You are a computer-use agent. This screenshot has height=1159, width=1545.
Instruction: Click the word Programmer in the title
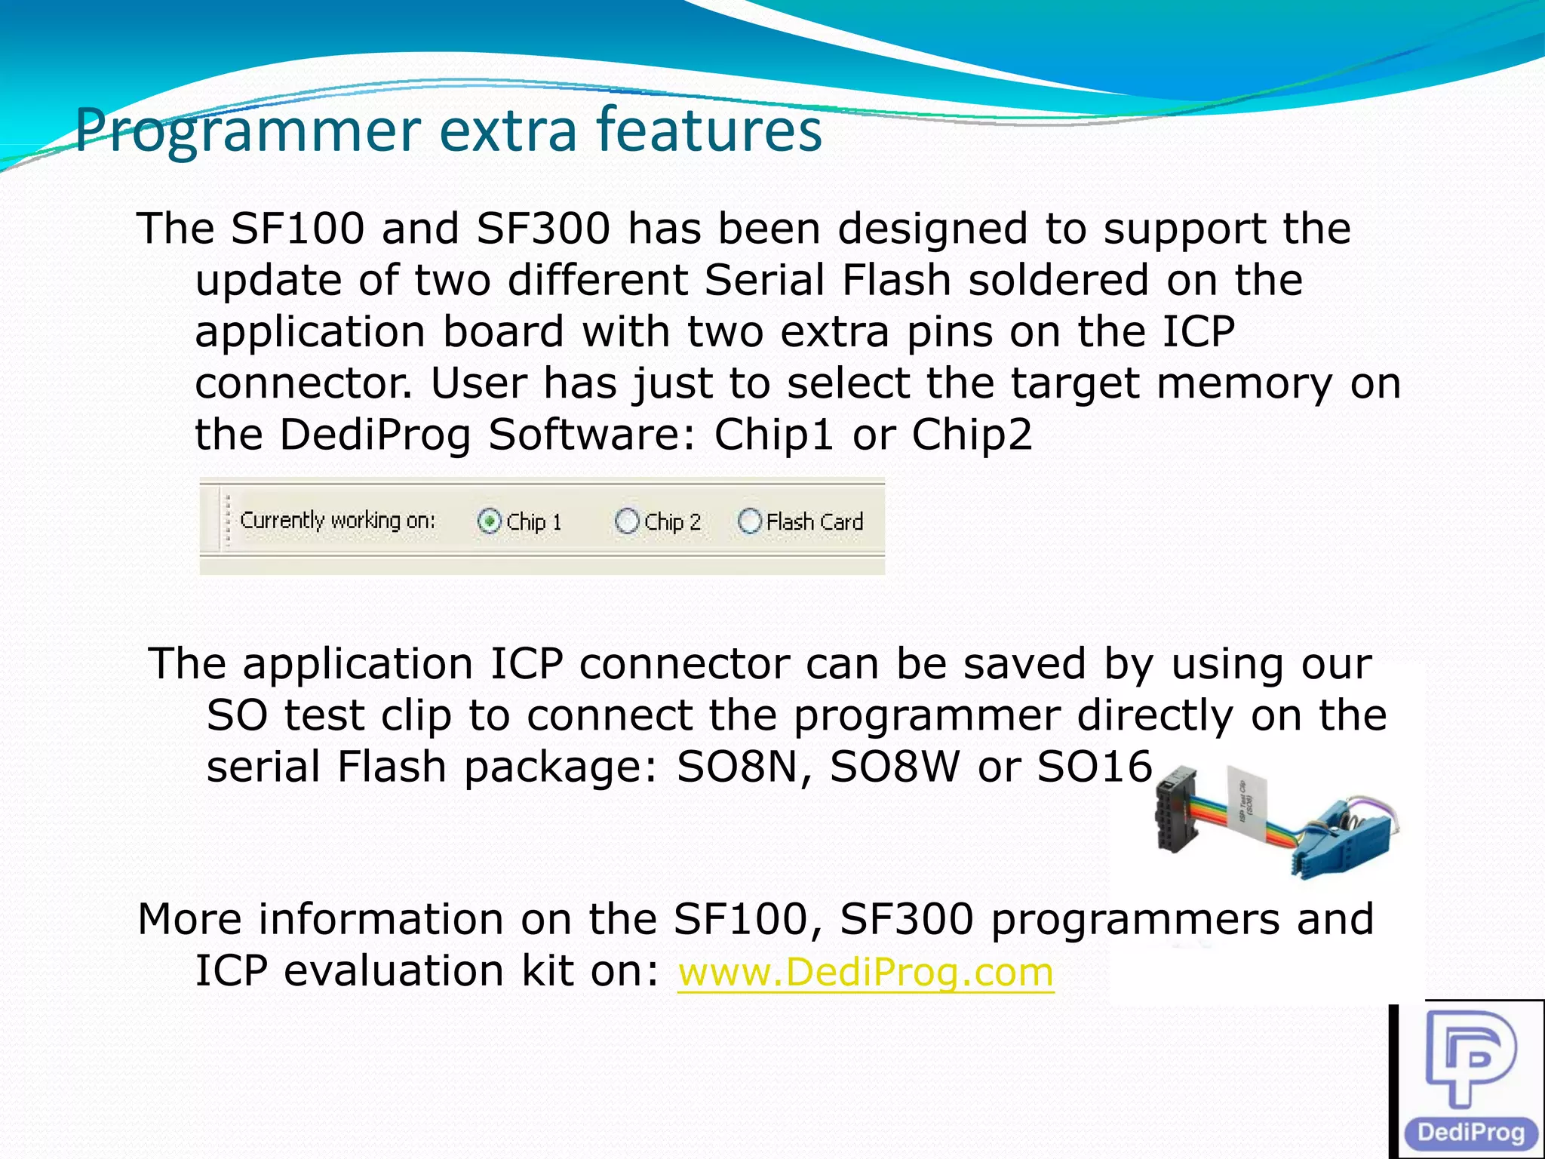(247, 131)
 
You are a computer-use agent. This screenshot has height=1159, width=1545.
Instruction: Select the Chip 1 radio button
(490, 521)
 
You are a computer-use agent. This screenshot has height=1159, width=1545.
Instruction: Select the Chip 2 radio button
(627, 521)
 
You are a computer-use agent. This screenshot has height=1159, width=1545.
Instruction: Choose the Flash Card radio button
(749, 521)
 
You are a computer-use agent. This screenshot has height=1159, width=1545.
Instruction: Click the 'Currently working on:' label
(337, 521)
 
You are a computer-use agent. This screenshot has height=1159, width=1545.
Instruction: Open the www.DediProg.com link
(865, 972)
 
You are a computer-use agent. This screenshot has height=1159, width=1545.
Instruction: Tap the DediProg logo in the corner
(1470, 1080)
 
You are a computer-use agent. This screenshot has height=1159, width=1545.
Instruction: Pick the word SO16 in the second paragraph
(1095, 767)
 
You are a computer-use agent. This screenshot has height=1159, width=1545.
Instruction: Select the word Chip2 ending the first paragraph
(972, 435)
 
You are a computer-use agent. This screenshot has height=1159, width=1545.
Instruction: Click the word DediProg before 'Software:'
(375, 435)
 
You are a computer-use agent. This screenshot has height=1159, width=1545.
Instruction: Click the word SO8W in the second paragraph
(895, 767)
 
